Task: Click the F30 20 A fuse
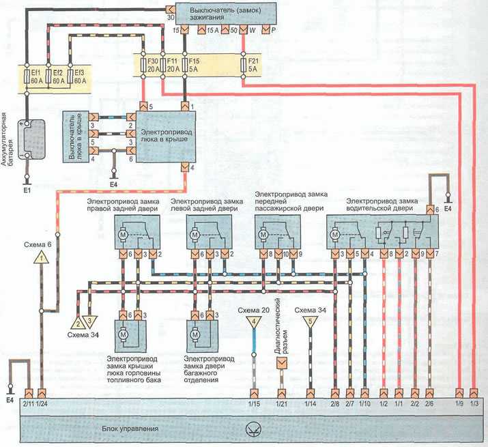pyautogui.click(x=143, y=65)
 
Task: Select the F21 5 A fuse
pyautogui.click(x=244, y=65)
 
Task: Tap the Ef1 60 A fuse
pyautogui.click(x=27, y=76)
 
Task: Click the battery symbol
pyautogui.click(x=31, y=139)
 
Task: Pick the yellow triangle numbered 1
pyautogui.click(x=42, y=258)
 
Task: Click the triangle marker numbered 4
pyautogui.click(x=254, y=321)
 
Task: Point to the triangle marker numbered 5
pyautogui.click(x=310, y=321)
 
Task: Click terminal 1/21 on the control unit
pyautogui.click(x=282, y=394)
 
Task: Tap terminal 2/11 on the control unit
pyautogui.click(x=29, y=394)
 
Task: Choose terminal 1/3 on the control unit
pyautogui.click(x=474, y=394)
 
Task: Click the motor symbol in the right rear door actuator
pyautogui.click(x=123, y=234)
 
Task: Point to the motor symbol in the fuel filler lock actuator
pyautogui.click(x=123, y=334)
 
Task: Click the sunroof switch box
pyautogui.click(x=76, y=136)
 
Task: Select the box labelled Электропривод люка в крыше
pyautogui.click(x=166, y=136)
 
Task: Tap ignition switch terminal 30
pyautogui.click(x=171, y=10)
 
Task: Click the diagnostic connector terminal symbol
pyautogui.click(x=282, y=363)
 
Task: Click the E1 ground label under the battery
pyautogui.click(x=27, y=190)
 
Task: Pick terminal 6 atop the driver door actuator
pyautogui.click(x=430, y=210)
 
